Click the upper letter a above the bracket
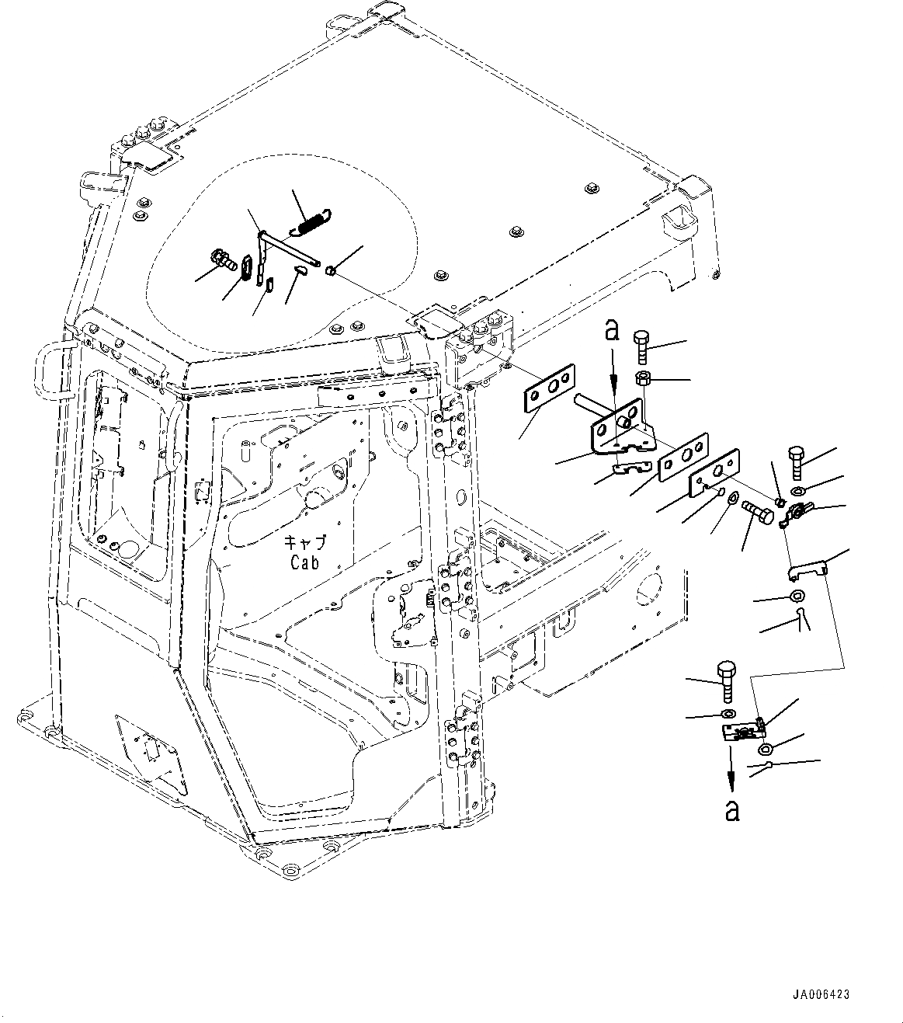[613, 332]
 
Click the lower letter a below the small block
[731, 810]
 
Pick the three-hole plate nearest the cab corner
[549, 387]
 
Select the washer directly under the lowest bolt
[728, 715]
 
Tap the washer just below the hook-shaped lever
[795, 597]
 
